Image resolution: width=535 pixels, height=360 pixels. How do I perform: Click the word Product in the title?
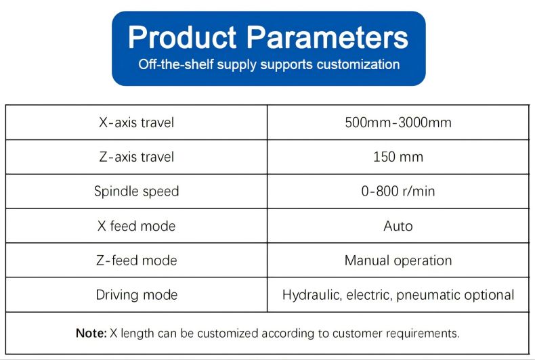pos(182,37)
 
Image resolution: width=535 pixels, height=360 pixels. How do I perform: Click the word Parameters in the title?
pos(327,37)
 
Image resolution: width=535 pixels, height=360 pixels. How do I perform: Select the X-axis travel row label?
pos(137,122)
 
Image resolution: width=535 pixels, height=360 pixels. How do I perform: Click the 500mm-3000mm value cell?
pos(398,122)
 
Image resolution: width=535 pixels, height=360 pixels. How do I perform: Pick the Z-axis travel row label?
pos(137,157)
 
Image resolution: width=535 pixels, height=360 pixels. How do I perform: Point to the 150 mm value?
pos(398,157)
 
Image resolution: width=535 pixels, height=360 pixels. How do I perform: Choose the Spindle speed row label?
pos(137,192)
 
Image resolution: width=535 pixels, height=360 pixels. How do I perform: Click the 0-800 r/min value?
pos(398,192)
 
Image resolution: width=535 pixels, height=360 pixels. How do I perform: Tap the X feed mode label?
pos(137,226)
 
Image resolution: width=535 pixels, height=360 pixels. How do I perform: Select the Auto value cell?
pos(398,226)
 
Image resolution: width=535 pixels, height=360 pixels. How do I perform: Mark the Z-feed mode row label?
pos(137,261)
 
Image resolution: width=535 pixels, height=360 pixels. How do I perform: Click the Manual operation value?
pos(398,261)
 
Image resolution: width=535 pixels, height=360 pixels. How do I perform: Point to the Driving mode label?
pos(137,295)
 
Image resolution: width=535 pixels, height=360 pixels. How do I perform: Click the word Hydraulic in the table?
pos(312,295)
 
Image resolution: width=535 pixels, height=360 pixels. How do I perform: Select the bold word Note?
pos(91,333)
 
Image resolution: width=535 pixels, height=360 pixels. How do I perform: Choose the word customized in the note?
pos(228,333)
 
